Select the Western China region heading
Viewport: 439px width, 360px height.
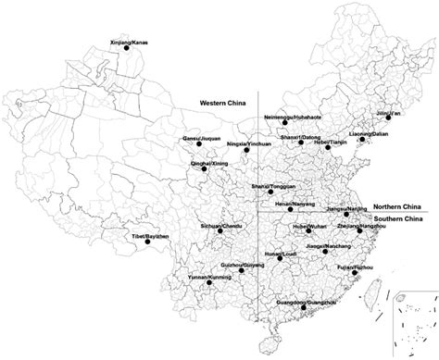(x=221, y=105)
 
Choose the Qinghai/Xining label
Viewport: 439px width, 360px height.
(x=208, y=163)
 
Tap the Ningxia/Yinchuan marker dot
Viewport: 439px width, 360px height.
(x=245, y=151)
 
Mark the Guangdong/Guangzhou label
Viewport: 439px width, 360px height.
(x=305, y=300)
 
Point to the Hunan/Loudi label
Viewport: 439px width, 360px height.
(x=276, y=251)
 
